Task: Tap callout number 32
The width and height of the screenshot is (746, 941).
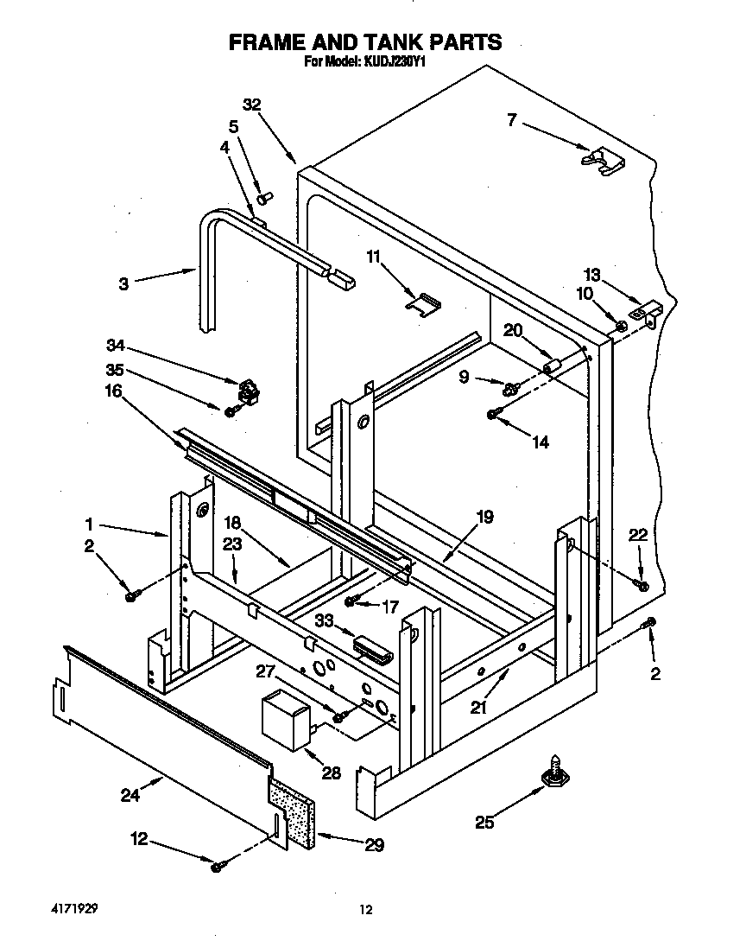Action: (x=251, y=105)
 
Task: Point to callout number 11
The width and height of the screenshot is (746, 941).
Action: (x=374, y=258)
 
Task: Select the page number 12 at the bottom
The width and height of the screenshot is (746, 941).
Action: (x=367, y=909)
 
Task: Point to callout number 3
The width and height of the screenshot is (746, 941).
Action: (x=124, y=283)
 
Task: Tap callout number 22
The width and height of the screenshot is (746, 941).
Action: (x=637, y=536)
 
